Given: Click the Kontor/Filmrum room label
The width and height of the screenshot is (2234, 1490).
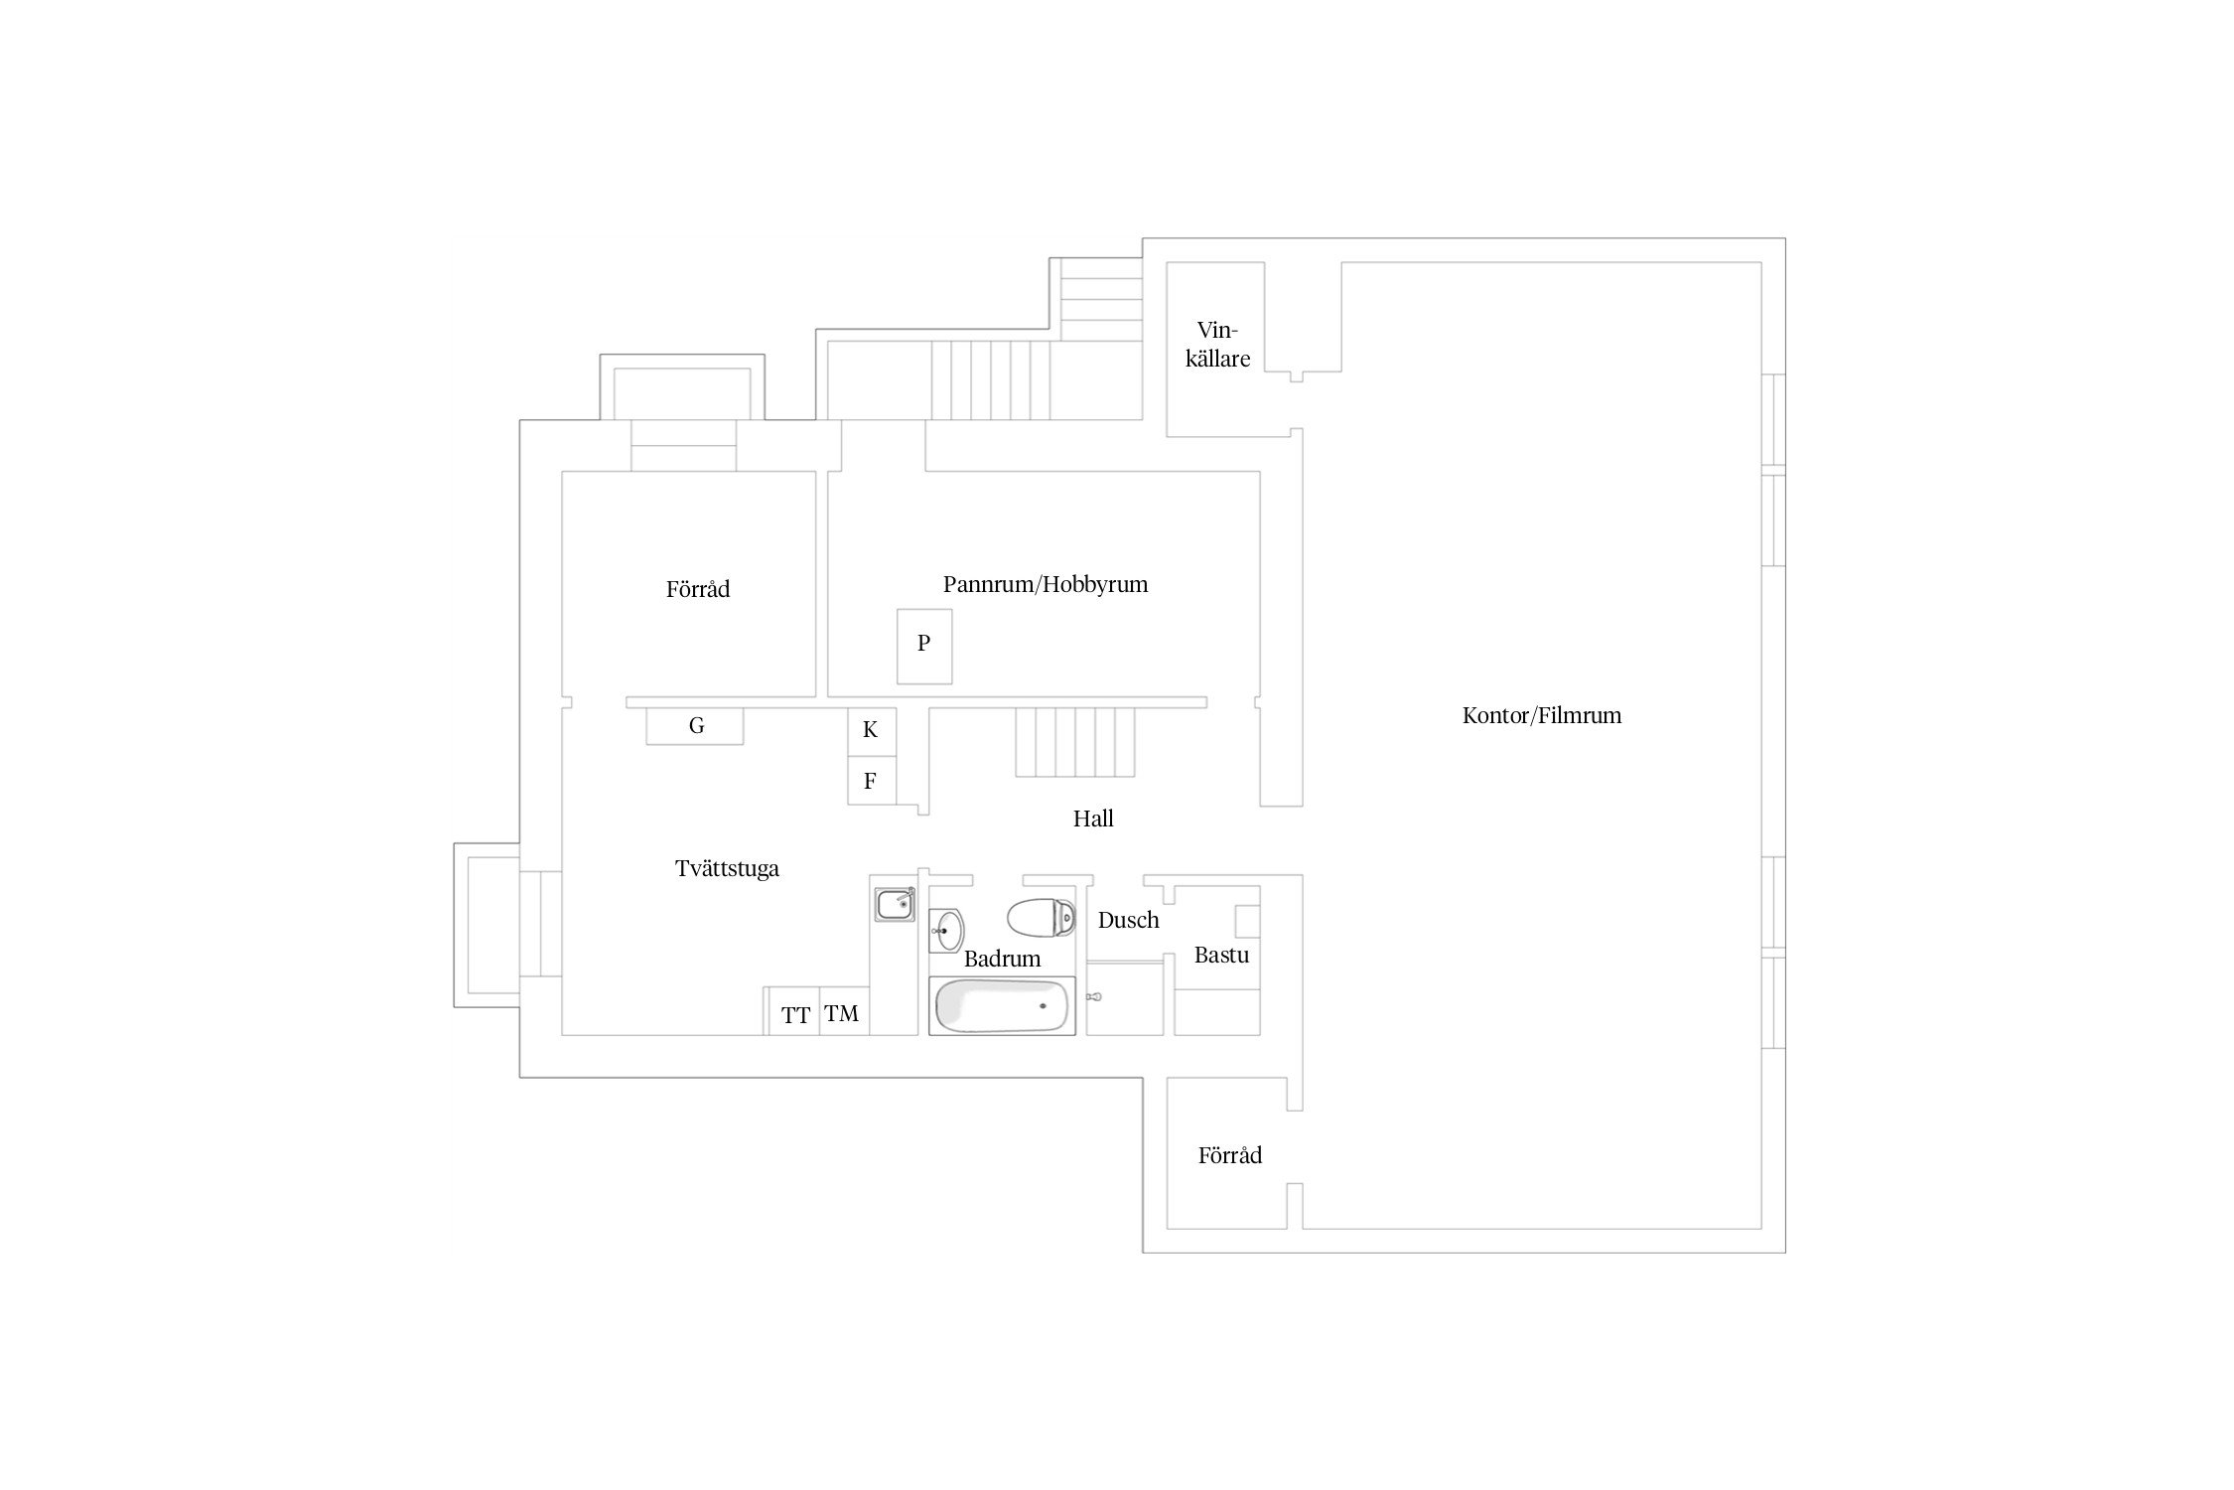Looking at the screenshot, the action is coord(1541,715).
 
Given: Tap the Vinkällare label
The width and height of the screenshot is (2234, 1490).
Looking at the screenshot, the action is coord(1217,344).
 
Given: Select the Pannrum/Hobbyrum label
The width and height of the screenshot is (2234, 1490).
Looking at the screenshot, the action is coord(1046,584).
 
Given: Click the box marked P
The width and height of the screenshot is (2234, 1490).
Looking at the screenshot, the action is coord(924,647).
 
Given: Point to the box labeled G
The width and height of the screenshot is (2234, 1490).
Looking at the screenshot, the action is coord(695,726).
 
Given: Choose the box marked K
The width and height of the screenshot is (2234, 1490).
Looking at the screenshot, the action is coord(872,731).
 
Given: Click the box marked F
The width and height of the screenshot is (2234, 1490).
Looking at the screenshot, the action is coord(872,781).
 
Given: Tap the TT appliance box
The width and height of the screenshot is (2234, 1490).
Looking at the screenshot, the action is coord(794,1012).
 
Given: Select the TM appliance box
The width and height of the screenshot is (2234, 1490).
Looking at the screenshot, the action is coord(844,1012).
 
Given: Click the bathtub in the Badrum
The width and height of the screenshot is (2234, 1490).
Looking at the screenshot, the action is coord(1002,1006).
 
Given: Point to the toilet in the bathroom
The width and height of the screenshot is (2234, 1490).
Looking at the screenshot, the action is coord(1041,918).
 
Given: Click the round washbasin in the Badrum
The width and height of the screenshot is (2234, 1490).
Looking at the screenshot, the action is coord(946,931).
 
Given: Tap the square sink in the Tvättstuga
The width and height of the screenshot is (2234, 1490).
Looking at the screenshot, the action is coord(895,905).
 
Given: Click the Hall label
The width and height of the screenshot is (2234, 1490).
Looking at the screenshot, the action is coord(1093,819).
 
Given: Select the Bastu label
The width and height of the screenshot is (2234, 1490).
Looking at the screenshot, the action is coord(1221,955).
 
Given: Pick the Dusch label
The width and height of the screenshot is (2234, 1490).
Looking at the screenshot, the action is coord(1129,920).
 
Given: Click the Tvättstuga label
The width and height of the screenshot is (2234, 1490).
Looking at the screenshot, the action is coord(727,869).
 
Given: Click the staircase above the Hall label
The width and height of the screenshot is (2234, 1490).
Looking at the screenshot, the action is coord(1074,742).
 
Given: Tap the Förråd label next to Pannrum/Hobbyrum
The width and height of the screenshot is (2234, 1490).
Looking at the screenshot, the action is coord(698,589).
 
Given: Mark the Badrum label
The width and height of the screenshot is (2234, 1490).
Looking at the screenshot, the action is coord(1002,959).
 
